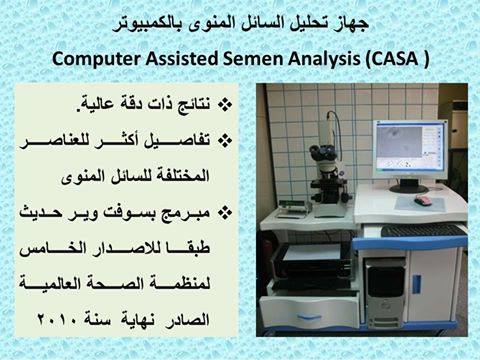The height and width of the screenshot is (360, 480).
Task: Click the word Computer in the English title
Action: [x=96, y=59]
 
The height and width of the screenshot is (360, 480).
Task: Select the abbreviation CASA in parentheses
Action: [x=394, y=59]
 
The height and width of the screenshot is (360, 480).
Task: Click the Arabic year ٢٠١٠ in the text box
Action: [x=57, y=320]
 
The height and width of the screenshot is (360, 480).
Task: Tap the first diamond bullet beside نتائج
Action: [x=225, y=105]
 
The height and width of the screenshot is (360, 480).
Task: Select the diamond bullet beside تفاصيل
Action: [x=225, y=141]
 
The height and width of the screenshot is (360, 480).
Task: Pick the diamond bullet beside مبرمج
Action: [x=225, y=212]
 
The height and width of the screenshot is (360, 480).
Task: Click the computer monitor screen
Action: [x=409, y=146]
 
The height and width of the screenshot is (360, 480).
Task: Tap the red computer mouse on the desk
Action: [x=423, y=200]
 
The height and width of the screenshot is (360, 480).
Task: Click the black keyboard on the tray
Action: [x=422, y=230]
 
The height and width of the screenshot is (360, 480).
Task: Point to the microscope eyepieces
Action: [x=323, y=152]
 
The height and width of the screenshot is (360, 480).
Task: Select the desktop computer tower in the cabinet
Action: [x=386, y=293]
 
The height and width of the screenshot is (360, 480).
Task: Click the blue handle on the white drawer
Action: [x=309, y=316]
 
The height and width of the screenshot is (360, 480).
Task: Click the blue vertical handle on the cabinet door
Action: [x=416, y=284]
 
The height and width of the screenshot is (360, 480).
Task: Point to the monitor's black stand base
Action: [x=409, y=188]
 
